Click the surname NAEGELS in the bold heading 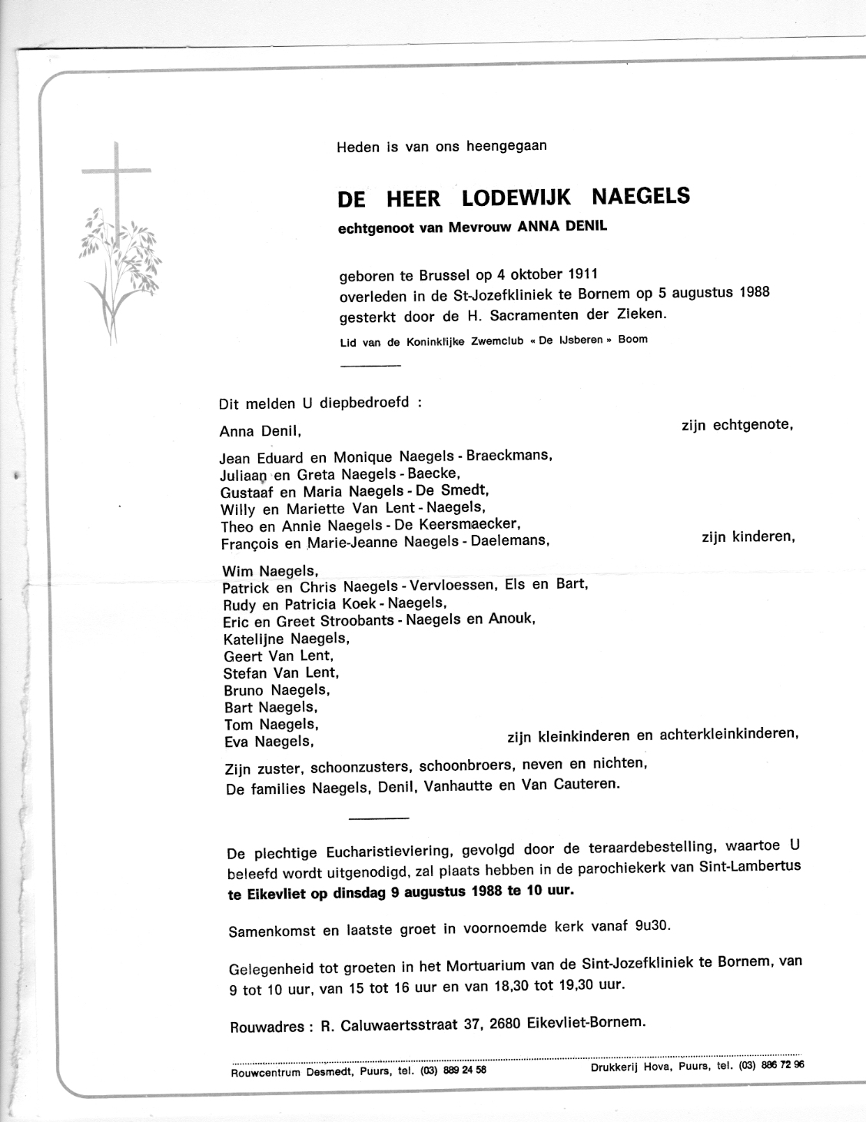(642, 197)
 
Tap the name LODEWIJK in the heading (516, 198)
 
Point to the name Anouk (509, 619)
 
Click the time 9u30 (652, 926)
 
